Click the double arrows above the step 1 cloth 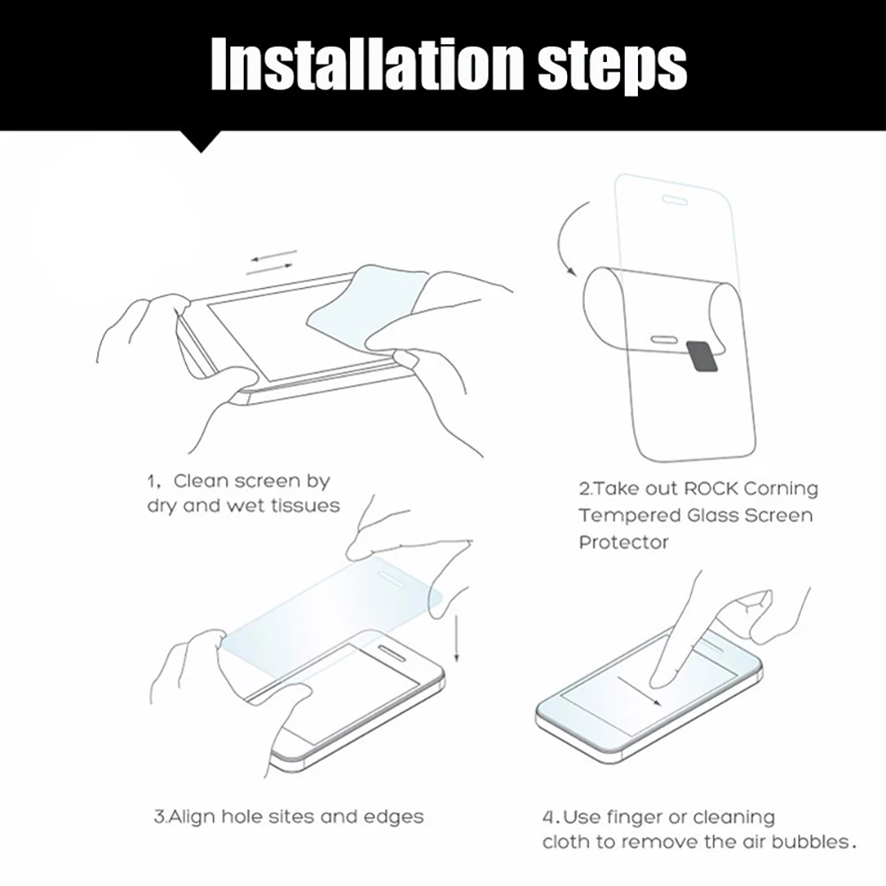pos(271,263)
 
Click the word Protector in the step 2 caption pos(623,541)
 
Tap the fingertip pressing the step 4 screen pos(660,677)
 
